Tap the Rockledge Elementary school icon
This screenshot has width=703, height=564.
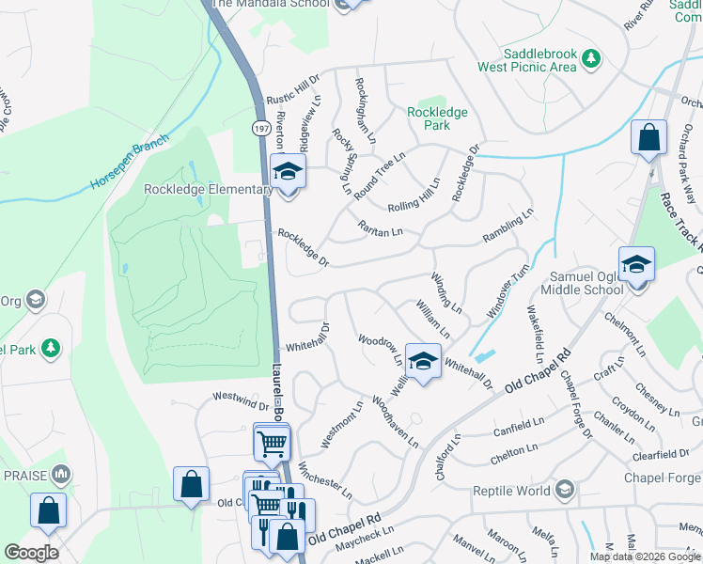[288, 173]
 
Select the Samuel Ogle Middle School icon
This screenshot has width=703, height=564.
[635, 265]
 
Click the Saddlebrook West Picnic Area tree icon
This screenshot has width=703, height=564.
[590, 58]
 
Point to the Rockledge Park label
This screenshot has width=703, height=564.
[436, 117]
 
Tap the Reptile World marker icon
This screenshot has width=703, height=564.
[563, 490]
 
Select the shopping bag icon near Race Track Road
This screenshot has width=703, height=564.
[648, 138]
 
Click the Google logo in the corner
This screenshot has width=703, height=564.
[30, 553]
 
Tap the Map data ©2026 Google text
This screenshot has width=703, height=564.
[644, 556]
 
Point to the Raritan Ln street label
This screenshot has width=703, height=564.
[380, 227]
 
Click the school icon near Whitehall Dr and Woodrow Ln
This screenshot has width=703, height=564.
[423, 361]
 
